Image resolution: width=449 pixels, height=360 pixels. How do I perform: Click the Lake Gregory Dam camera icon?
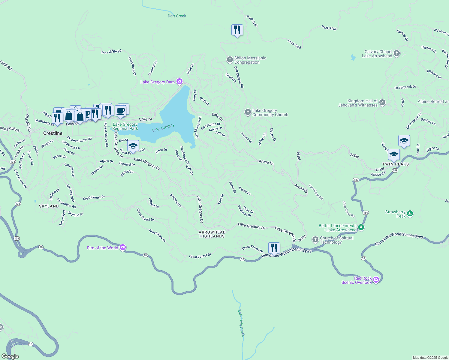(179, 82)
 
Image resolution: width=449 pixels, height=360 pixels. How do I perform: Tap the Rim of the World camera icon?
(122, 247)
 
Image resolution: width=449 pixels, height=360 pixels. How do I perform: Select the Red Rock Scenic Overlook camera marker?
(376, 280)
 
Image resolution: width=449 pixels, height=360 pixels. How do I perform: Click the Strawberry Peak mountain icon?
(410, 214)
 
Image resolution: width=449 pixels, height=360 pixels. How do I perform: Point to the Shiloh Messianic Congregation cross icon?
(230, 60)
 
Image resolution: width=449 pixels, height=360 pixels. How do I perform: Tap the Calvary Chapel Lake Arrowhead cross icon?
(397, 54)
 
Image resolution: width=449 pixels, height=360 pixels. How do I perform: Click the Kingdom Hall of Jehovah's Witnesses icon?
(382, 103)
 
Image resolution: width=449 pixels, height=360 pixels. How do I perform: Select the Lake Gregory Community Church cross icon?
(248, 112)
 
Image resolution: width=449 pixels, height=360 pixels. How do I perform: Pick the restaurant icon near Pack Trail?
(237, 30)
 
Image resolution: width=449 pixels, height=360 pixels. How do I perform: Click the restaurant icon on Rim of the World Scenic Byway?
(274, 248)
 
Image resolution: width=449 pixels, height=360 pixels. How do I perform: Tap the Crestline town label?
(53, 133)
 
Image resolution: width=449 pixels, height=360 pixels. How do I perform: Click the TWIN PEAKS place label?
(395, 164)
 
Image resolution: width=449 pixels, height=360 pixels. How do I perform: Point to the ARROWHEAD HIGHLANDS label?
(212, 234)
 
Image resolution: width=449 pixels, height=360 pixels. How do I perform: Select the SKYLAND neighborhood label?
(49, 206)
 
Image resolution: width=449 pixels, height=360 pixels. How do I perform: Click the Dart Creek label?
(177, 16)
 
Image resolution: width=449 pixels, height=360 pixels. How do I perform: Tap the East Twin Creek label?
(241, 323)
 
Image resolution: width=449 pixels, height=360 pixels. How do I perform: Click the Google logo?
(10, 356)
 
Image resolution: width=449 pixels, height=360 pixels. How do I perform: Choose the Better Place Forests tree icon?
(361, 227)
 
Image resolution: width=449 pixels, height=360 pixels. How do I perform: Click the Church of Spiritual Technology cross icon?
(315, 239)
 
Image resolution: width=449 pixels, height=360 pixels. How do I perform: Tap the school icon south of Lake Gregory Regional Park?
(133, 146)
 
